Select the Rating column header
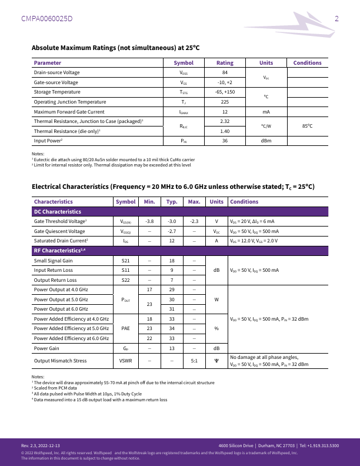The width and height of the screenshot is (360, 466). coord(225,63)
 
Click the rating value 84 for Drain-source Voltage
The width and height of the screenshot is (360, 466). coord(225,72)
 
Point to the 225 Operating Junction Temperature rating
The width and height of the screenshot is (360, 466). coord(225,102)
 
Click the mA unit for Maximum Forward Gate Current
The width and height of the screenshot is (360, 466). coord(266,112)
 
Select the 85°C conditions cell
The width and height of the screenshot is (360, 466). coord(307,126)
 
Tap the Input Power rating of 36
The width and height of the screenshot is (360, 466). coord(225,141)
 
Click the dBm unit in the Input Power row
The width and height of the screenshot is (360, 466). coord(266,141)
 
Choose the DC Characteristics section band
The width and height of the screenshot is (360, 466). coord(57,211)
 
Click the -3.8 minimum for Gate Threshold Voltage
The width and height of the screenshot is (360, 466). coord(149,221)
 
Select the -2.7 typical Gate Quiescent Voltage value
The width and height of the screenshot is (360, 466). coord(172,231)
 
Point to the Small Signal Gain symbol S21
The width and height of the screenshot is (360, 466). coord(125,260)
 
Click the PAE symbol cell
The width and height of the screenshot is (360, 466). coord(125,328)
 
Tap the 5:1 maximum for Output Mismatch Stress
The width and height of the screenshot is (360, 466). coord(194,361)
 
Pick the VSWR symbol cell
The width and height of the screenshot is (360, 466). coord(125,361)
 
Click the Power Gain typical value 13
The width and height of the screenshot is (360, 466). coord(172,348)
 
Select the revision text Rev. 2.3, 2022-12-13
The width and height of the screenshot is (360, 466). coord(49,445)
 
